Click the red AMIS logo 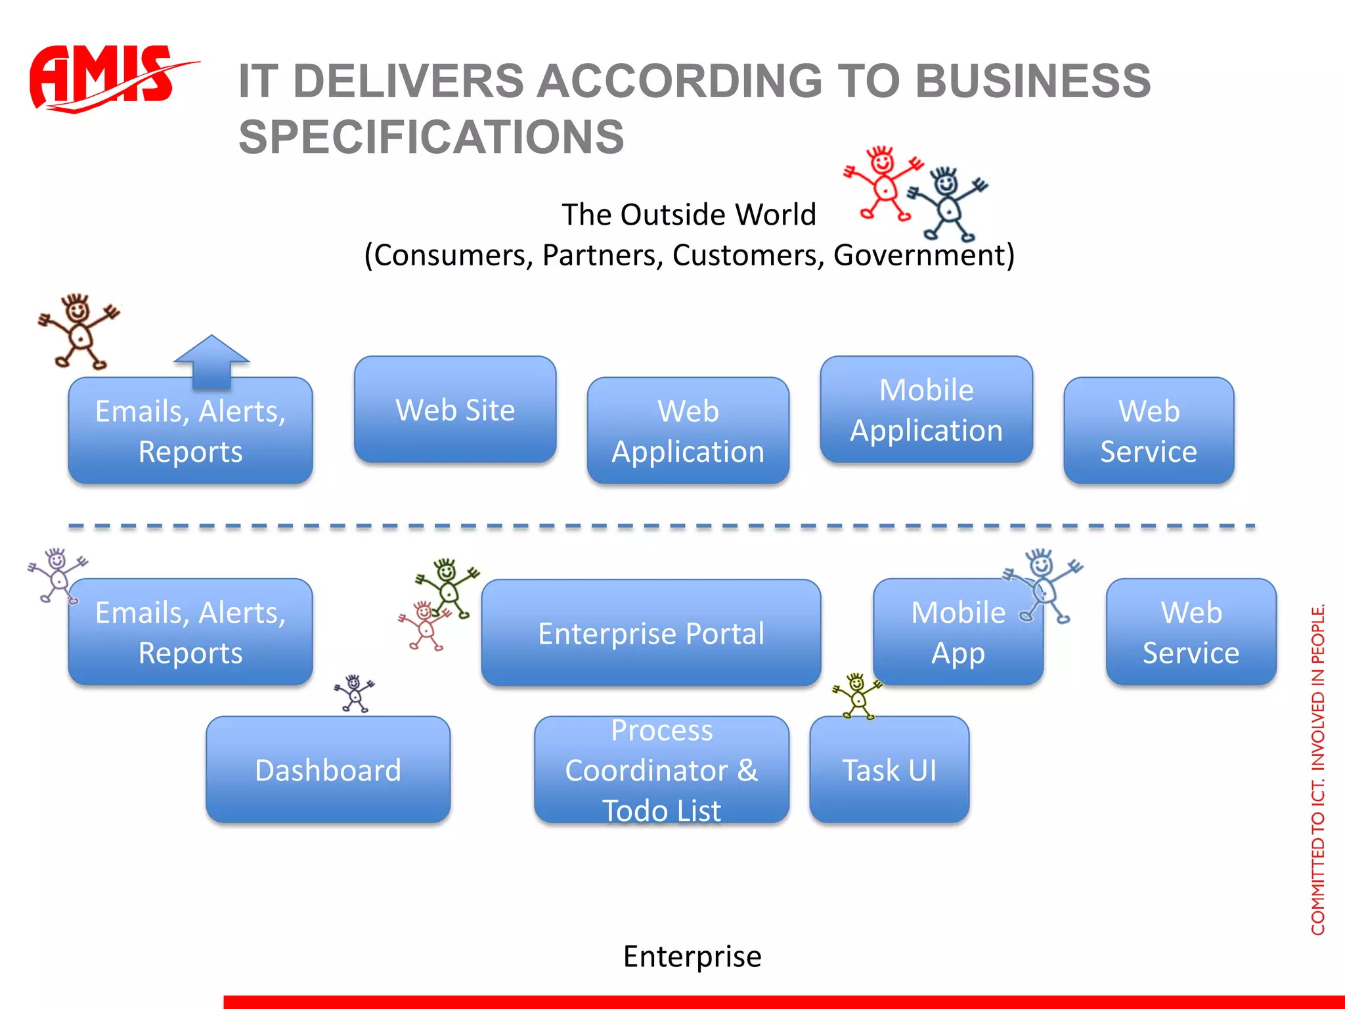(x=105, y=78)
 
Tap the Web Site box (x=455, y=410)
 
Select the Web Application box (x=688, y=431)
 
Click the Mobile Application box (x=926, y=410)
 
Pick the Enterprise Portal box (x=651, y=633)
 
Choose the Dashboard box (x=328, y=770)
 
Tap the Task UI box (x=889, y=770)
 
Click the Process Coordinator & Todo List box (x=661, y=770)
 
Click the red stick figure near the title (x=883, y=183)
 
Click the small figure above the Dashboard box (x=355, y=693)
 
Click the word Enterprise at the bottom (x=692, y=956)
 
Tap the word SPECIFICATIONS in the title (x=431, y=137)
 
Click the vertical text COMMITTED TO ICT (x=1317, y=854)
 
